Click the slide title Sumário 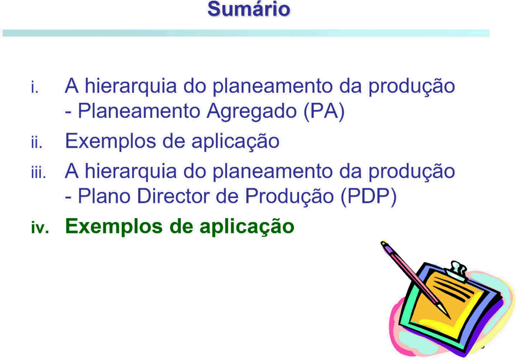pos(249,9)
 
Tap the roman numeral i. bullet pos(35,88)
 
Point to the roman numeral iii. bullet pos(39,173)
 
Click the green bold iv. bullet pos(40,227)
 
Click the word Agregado pos(252,112)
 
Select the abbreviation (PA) pos(324,112)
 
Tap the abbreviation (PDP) pos(368,197)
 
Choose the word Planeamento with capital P pos(139,111)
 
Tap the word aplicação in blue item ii pos(235,141)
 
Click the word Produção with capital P pos(289,197)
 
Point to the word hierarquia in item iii pos(130,171)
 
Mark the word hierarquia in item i pos(130,86)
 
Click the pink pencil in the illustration pos(415,279)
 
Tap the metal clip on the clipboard pos(457,271)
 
